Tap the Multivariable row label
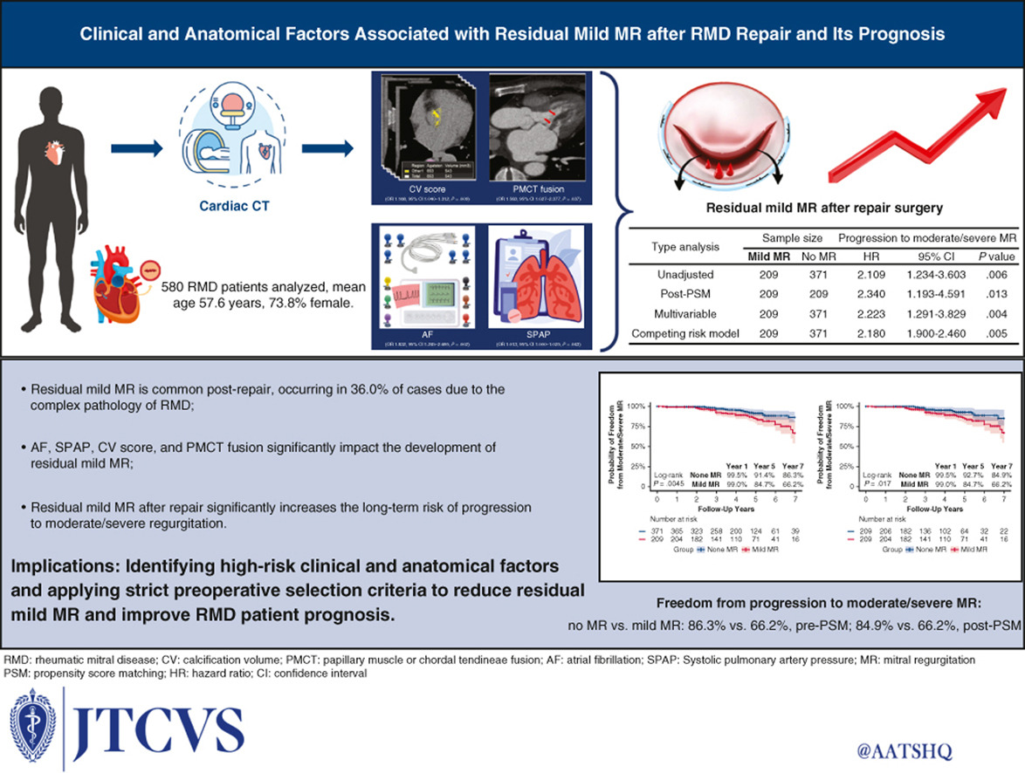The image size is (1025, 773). pyautogui.click(x=684, y=315)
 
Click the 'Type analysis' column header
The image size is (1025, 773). pyautogui.click(x=684, y=247)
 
